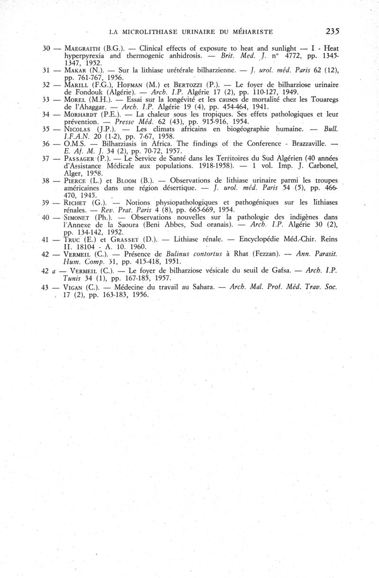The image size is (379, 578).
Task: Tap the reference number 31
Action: [x=46, y=70]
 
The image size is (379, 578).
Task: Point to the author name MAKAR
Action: [x=69, y=70]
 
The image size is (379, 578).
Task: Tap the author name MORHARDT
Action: [x=77, y=114]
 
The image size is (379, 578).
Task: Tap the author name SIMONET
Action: [x=75, y=217]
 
